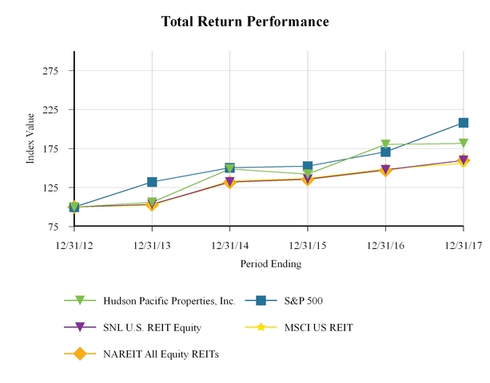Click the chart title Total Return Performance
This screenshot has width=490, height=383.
(x=245, y=21)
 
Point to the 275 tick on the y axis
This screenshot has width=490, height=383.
(x=58, y=71)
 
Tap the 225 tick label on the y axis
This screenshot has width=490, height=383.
(x=58, y=110)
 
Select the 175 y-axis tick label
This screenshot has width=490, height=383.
(x=58, y=149)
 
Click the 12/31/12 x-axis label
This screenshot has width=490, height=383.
(x=74, y=243)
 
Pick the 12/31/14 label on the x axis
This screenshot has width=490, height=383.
(x=229, y=243)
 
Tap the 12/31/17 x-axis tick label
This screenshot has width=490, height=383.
(x=464, y=243)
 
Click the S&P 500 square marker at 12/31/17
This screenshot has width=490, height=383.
(x=464, y=123)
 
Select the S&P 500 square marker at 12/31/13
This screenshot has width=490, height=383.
(x=152, y=183)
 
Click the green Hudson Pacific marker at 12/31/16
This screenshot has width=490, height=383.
(x=385, y=144)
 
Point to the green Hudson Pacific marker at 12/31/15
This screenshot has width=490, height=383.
(x=308, y=174)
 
